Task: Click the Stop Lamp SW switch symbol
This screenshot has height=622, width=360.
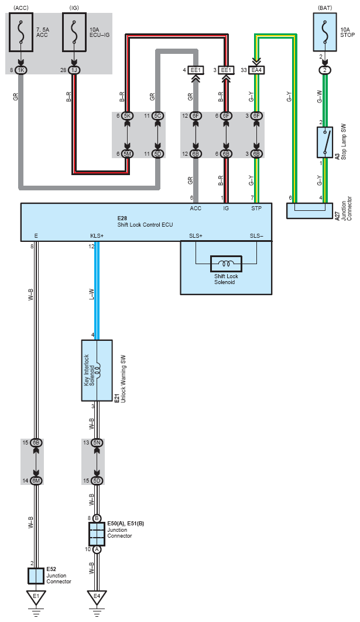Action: point(325,141)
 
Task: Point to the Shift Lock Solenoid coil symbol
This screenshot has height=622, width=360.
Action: point(225,263)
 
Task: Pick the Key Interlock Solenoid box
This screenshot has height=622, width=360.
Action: point(97,370)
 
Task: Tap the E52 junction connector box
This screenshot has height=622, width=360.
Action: point(36,576)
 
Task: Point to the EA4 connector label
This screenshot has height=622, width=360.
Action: point(256,70)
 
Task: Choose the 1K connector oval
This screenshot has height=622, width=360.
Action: point(22,70)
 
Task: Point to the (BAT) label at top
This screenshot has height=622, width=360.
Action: point(325,7)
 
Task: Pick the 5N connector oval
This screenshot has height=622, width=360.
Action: point(97,443)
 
